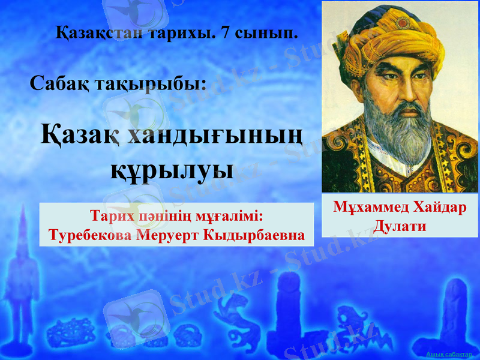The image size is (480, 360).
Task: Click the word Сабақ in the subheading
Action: tap(60, 83)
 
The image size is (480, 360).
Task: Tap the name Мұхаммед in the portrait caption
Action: tap(368, 208)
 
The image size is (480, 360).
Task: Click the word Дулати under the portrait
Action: tap(400, 226)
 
